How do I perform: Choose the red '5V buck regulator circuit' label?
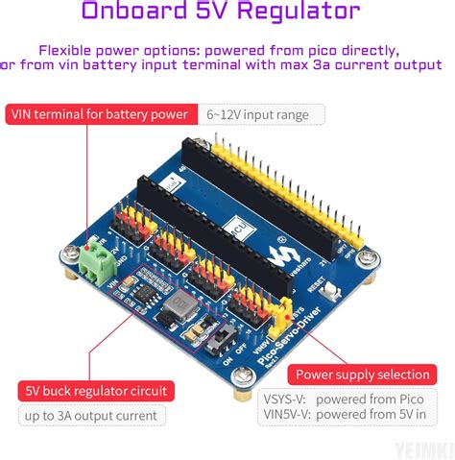[x=96, y=391]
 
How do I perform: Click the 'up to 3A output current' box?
[x=91, y=416]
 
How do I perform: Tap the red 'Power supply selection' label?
[x=363, y=374]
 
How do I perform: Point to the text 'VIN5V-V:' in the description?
[x=286, y=416]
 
